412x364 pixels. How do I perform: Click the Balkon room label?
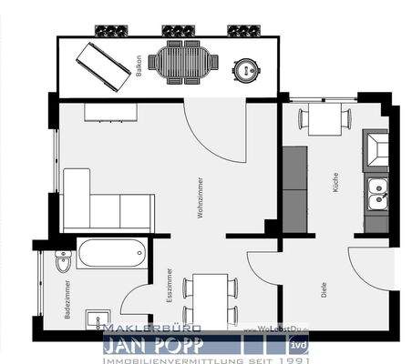point(139,67)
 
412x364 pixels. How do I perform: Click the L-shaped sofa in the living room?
point(100,202)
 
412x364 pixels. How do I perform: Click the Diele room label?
point(324,289)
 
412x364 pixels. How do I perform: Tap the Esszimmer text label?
point(170,284)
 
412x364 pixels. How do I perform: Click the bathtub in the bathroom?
point(110,252)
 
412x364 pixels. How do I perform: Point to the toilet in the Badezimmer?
point(62,261)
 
